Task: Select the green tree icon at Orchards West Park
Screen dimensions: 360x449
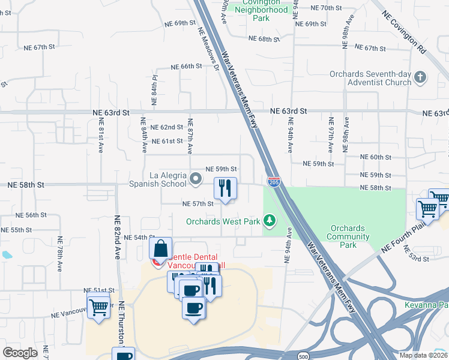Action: tap(270, 221)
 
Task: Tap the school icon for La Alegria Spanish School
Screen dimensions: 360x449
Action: tap(196, 178)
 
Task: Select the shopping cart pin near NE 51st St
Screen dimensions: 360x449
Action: tap(99, 307)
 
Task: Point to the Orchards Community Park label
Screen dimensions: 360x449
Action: tap(348, 236)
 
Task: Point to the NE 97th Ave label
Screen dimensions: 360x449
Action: tap(331, 138)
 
